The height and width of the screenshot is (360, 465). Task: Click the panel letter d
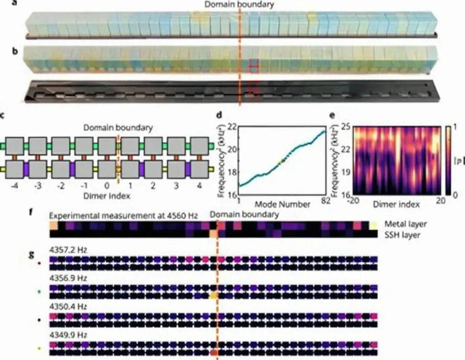click(219, 115)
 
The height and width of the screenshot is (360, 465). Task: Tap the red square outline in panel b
click(254, 68)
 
